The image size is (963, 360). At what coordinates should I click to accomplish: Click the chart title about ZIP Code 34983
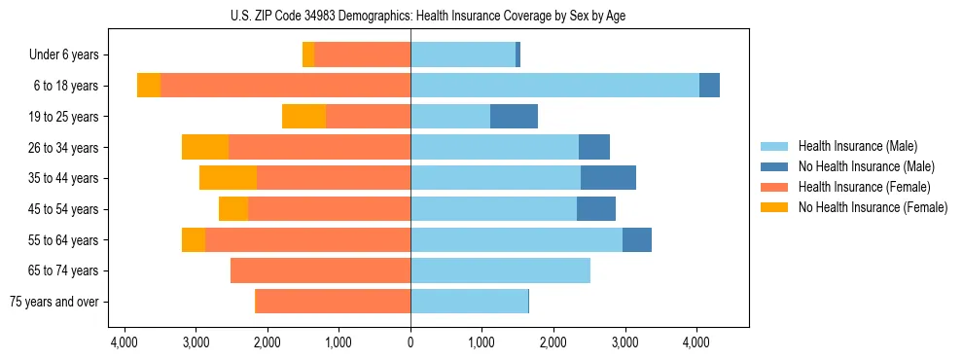pyautogui.click(x=410, y=16)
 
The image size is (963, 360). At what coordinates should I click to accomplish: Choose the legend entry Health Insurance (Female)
pyautogui.click(x=864, y=187)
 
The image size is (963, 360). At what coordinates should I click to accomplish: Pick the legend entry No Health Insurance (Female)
pyautogui.click(x=873, y=207)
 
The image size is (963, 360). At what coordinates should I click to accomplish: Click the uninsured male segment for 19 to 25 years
pyautogui.click(x=514, y=117)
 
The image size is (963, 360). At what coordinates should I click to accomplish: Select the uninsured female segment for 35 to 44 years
pyautogui.click(x=228, y=178)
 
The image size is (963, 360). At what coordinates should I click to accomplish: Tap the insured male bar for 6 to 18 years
pyautogui.click(x=554, y=86)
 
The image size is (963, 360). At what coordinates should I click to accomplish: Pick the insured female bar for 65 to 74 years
pyautogui.click(x=320, y=270)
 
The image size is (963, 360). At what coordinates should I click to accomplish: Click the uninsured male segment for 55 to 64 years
pyautogui.click(x=637, y=239)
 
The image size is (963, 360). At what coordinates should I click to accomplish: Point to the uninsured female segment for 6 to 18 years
pyautogui.click(x=149, y=86)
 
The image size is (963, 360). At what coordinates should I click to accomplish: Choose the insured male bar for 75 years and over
pyautogui.click(x=469, y=302)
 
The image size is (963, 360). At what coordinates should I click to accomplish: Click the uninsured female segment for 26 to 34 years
pyautogui.click(x=205, y=147)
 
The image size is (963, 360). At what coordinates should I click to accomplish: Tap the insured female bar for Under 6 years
pyautogui.click(x=362, y=54)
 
